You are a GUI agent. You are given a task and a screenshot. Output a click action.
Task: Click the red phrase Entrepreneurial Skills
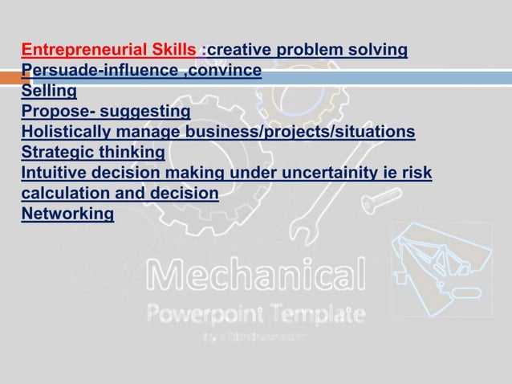pyautogui.click(x=108, y=51)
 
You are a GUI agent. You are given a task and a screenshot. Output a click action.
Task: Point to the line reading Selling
pyautogui.click(x=49, y=91)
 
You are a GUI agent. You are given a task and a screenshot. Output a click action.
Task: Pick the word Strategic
pyautogui.click(x=58, y=152)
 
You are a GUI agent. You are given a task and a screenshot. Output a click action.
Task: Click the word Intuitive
pyautogui.click(x=55, y=173)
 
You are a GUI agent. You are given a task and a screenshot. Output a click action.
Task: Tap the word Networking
pyautogui.click(x=67, y=214)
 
